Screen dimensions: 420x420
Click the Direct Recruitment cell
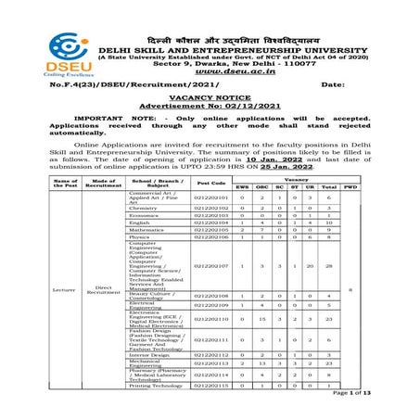tap(103, 289)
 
